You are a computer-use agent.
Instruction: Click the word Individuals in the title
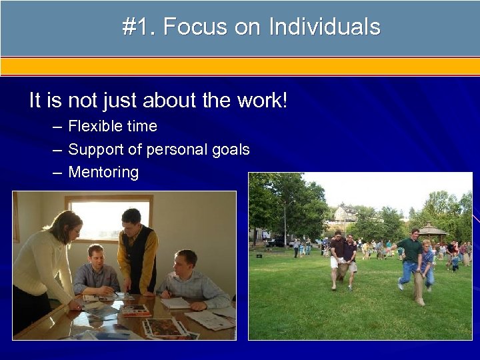coord(325,27)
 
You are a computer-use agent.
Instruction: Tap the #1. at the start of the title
coord(139,27)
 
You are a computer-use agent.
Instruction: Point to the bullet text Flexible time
coord(113,126)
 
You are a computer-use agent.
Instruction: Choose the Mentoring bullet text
coord(103,173)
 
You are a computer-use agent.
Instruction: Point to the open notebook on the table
coord(175,303)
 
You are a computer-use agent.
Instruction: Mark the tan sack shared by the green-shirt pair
coord(419,285)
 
